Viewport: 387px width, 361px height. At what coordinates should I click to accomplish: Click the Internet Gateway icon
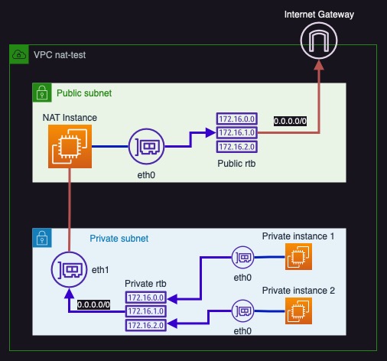(x=319, y=40)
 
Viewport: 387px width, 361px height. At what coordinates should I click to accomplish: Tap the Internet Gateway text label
(x=319, y=15)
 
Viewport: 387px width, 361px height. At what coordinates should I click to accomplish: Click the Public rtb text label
(x=235, y=164)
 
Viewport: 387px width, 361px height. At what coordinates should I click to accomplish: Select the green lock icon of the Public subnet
(x=41, y=93)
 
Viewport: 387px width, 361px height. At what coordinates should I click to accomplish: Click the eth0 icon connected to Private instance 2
(x=243, y=311)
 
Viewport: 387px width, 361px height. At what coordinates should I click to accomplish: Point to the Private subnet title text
(x=119, y=238)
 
